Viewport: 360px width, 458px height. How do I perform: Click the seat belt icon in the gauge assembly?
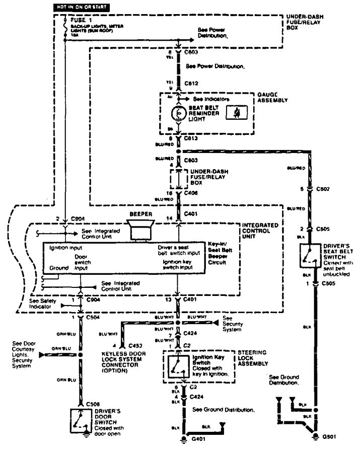pos(235,114)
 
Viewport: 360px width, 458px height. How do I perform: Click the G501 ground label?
pos(328,436)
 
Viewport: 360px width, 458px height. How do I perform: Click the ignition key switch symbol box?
pos(177,366)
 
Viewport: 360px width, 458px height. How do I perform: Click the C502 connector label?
pos(322,190)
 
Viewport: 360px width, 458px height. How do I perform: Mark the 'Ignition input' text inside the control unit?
pos(66,249)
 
